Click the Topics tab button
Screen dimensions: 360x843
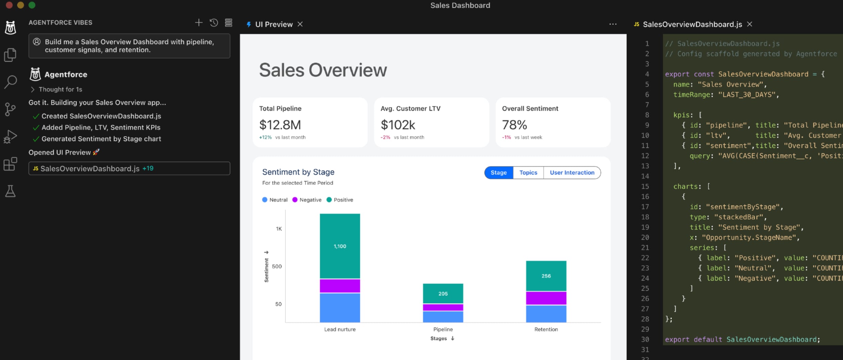click(528, 173)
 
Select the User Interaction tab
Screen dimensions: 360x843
click(572, 173)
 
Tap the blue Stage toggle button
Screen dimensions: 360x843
click(498, 173)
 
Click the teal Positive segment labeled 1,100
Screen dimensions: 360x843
click(340, 246)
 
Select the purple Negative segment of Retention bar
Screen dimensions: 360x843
click(546, 298)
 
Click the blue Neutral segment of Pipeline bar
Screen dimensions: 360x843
click(443, 316)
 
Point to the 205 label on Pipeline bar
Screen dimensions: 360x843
click(443, 294)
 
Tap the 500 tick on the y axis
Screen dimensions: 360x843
click(277, 266)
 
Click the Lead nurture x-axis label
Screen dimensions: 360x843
click(340, 329)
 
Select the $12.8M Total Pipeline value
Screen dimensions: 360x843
click(280, 125)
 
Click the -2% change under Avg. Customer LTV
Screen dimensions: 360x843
click(385, 137)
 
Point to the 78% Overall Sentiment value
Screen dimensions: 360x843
click(514, 125)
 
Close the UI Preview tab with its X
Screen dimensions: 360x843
click(300, 24)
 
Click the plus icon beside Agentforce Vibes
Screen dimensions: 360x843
click(199, 22)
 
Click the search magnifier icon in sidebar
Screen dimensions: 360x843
click(11, 82)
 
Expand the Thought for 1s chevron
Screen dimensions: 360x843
click(33, 89)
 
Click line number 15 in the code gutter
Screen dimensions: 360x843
click(645, 186)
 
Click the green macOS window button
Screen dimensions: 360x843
click(32, 5)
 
